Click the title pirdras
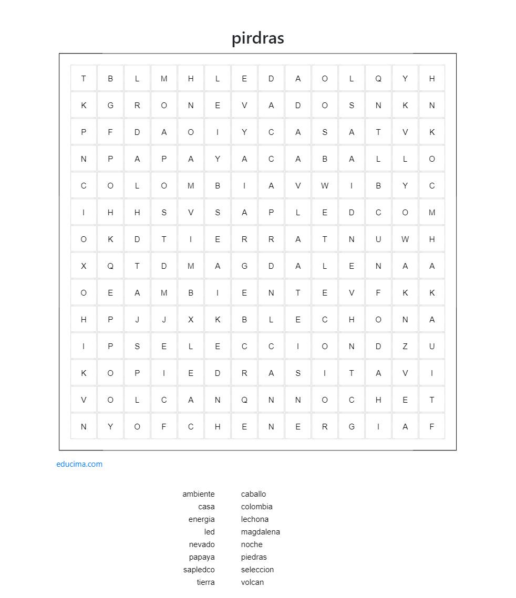tap(258, 38)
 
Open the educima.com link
tap(79, 464)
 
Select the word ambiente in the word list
tap(199, 494)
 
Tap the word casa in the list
tap(207, 507)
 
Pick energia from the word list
tap(202, 519)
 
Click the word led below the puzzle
tap(210, 532)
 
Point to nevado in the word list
tap(202, 544)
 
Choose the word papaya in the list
tap(202, 557)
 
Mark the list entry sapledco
tap(199, 570)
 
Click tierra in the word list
tap(206, 582)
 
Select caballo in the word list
tap(253, 494)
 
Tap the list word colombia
tap(256, 507)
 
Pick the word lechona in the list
tap(255, 519)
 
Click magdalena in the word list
tap(260, 532)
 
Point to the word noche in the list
tap(252, 544)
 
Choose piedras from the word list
tap(254, 557)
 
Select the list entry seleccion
tap(257, 570)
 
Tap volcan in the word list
tap(252, 582)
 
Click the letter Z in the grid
tap(405, 347)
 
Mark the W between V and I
tap(325, 186)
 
